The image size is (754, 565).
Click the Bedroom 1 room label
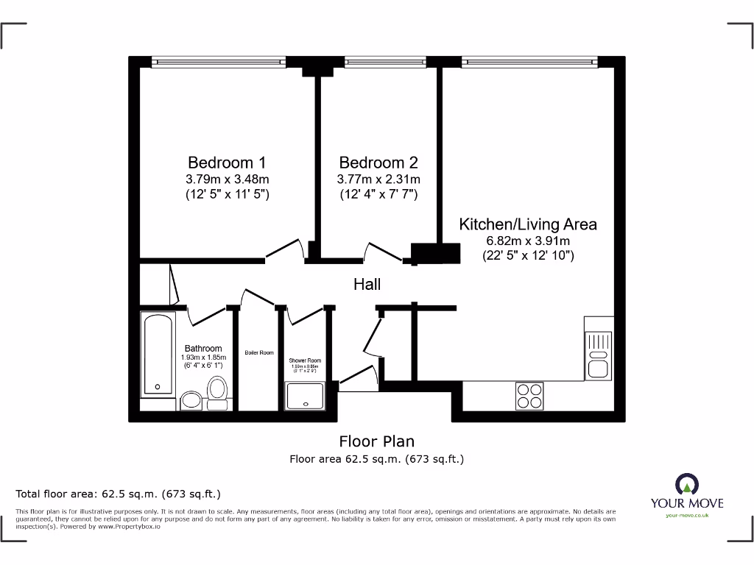[227, 163]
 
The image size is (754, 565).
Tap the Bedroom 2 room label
[378, 163]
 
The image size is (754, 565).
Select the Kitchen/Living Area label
[528, 224]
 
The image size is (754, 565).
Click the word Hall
[367, 284]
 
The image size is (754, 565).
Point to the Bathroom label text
[203, 349]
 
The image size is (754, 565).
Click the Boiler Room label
[259, 353]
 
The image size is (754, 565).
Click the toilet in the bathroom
[217, 393]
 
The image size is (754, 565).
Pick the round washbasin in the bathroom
[191, 400]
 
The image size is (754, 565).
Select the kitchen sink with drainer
[597, 355]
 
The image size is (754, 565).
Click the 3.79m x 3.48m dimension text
[227, 180]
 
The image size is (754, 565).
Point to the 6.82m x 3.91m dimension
[528, 241]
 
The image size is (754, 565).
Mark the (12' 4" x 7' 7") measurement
[378, 195]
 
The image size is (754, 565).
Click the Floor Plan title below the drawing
[376, 441]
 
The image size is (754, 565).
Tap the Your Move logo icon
[687, 484]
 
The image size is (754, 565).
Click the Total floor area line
[119, 494]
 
